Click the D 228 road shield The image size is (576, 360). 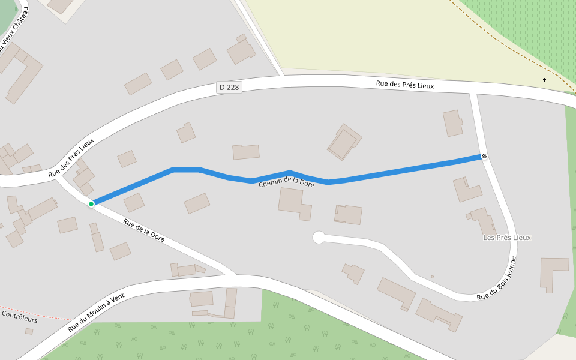click(229, 88)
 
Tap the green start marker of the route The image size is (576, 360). click(91, 204)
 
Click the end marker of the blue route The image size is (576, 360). click(484, 157)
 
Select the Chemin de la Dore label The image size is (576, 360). click(286, 182)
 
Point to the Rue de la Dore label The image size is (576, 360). click(143, 230)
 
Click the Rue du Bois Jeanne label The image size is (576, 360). click(497, 279)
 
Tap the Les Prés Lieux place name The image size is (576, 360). click(507, 238)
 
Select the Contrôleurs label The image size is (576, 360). click(20, 316)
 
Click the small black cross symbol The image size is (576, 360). click(545, 80)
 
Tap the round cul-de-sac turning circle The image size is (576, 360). click(319, 238)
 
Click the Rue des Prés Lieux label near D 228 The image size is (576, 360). click(404, 85)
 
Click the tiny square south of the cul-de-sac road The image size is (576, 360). click(432, 277)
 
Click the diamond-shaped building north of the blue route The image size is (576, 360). click(344, 143)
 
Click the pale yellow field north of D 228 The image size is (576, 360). click(360, 36)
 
